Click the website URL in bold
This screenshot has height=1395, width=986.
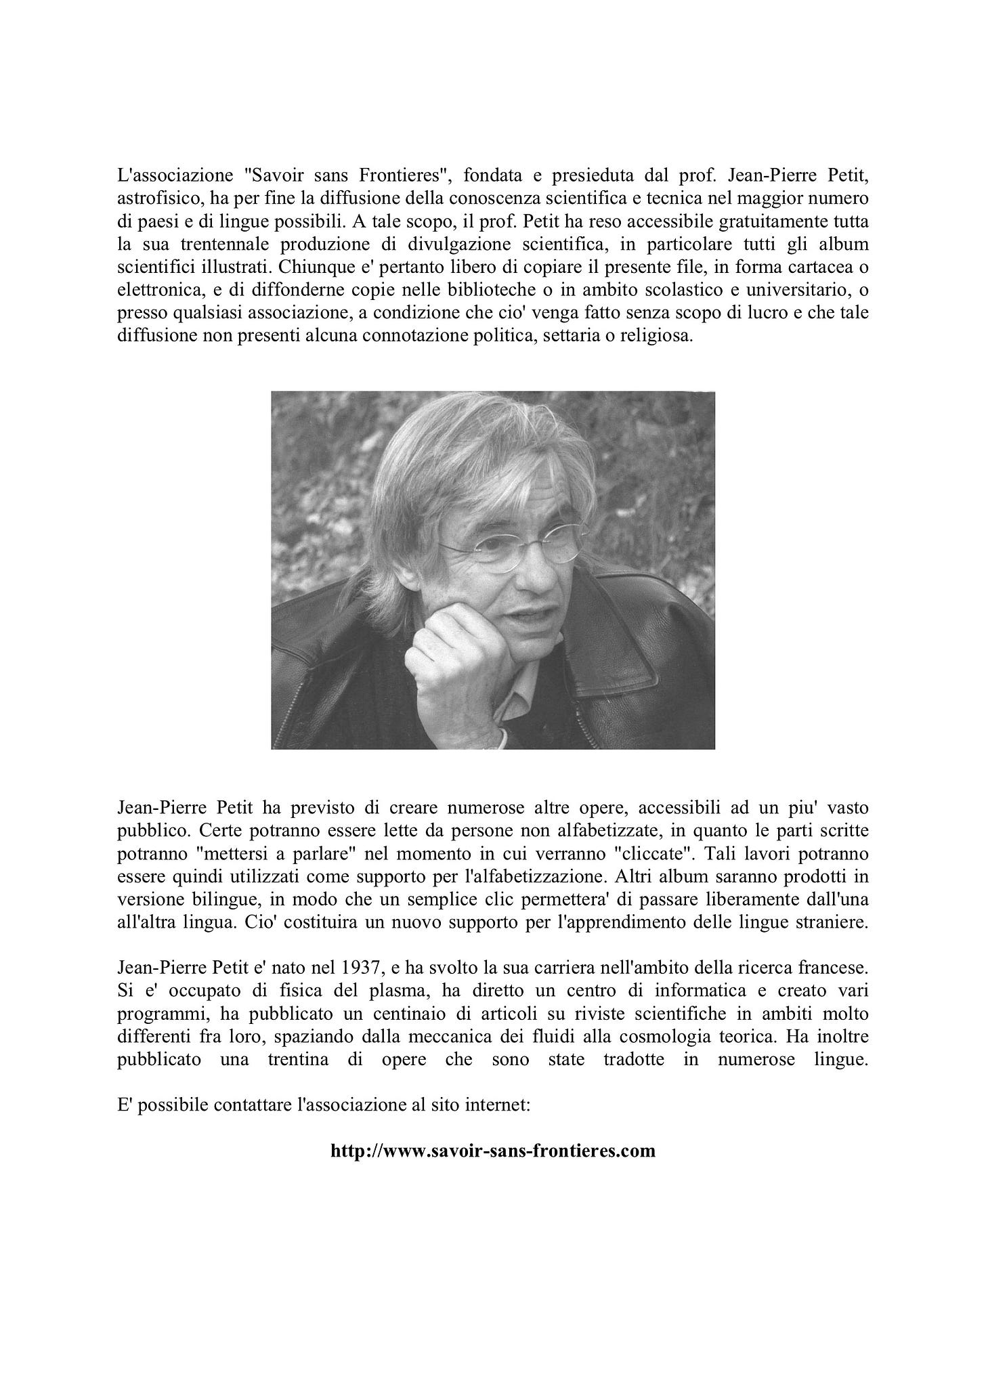tap(493, 1151)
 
